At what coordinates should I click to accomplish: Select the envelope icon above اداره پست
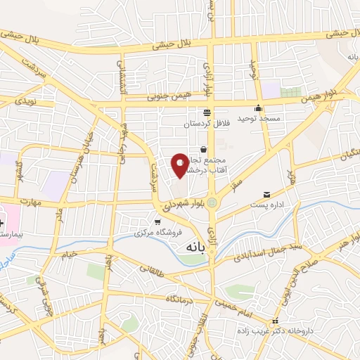click(266, 194)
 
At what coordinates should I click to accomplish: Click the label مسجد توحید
click(259, 119)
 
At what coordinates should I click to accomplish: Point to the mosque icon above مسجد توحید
click(259, 108)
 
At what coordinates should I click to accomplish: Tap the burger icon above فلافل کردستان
click(207, 112)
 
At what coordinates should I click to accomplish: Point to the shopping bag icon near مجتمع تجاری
click(203, 150)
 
